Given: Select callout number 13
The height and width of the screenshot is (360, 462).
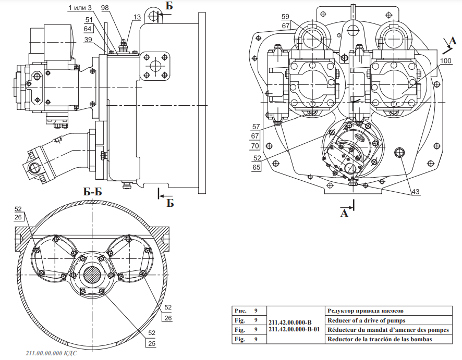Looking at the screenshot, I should tap(137, 17).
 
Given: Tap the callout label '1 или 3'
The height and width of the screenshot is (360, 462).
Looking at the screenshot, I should tap(80, 7).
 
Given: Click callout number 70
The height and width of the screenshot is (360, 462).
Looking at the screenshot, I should tap(256, 145).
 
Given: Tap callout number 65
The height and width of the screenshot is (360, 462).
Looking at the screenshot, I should tap(257, 168).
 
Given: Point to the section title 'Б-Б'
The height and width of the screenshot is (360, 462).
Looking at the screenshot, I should tap(92, 192).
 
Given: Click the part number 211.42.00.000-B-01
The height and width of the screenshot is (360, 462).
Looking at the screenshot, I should tap(295, 330).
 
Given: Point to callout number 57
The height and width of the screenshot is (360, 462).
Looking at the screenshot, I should tap(256, 127).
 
